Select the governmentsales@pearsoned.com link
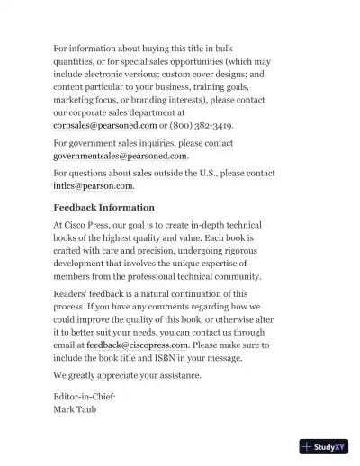[x=121, y=156]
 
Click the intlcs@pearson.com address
[x=94, y=185]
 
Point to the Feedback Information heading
[x=103, y=207]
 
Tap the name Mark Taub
[x=76, y=408]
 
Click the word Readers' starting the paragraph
[x=76, y=293]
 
